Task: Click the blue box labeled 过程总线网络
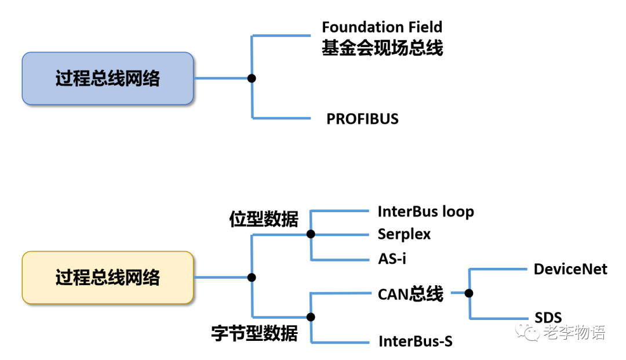(x=107, y=78)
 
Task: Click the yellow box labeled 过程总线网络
(x=107, y=278)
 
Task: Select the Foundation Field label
(x=381, y=27)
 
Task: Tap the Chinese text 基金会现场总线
(x=382, y=48)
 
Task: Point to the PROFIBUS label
(x=362, y=119)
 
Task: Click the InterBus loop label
(x=425, y=212)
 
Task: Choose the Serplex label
(x=404, y=234)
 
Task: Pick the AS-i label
(x=392, y=259)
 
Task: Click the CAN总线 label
(x=410, y=294)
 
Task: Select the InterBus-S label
(x=415, y=341)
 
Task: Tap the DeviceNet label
(x=570, y=269)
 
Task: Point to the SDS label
(x=548, y=318)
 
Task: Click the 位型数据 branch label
(x=264, y=220)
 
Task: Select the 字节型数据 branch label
(x=254, y=334)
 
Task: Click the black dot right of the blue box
(x=252, y=78)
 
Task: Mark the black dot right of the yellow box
(x=252, y=278)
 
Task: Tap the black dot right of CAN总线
(x=469, y=293)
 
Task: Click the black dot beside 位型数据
(x=311, y=234)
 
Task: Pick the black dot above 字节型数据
(x=311, y=317)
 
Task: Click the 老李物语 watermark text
(x=574, y=333)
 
